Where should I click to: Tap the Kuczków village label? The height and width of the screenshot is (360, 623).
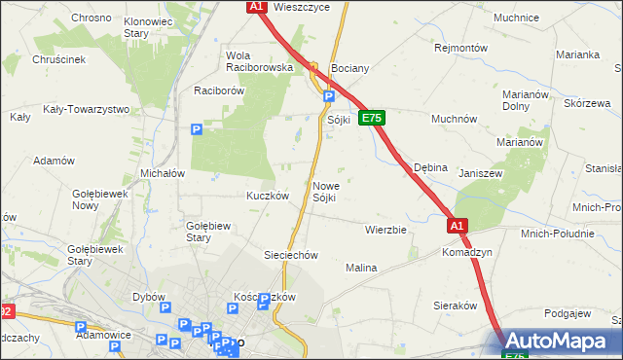[x=269, y=195]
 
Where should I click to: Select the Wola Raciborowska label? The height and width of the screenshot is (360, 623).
[x=259, y=61]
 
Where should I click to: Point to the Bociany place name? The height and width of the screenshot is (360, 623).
[x=349, y=69]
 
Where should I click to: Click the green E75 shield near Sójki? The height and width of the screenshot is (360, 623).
[x=371, y=118]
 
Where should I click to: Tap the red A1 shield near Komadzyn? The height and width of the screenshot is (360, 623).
[x=458, y=225]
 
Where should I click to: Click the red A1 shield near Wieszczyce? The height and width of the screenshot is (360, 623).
[x=255, y=7]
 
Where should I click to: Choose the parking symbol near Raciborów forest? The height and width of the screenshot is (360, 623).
[x=197, y=128]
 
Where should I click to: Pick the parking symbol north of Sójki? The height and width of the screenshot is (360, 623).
[x=329, y=96]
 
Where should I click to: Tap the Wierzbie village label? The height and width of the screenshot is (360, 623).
[x=385, y=231]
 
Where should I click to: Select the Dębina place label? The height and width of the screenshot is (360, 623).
[x=430, y=167]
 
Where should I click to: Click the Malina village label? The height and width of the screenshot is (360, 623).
[x=361, y=267]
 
